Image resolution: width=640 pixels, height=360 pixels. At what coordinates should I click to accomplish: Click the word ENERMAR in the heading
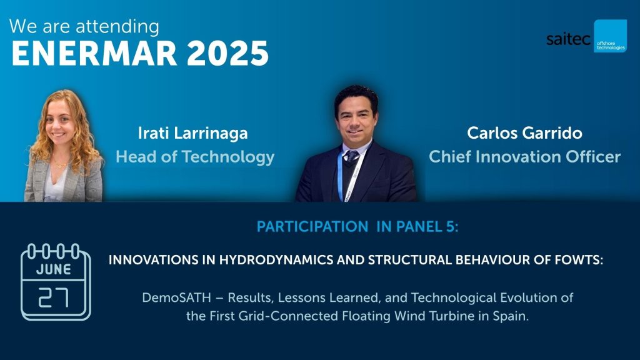(94, 54)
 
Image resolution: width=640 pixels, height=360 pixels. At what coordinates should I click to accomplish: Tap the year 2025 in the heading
(227, 54)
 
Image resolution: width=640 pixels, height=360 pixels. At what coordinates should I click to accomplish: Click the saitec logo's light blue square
(610, 36)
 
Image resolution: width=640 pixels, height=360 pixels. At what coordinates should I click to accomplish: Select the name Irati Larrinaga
(192, 133)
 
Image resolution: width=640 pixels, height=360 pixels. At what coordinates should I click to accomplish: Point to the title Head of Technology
(195, 157)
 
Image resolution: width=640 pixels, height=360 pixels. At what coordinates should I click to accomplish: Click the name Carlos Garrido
(524, 133)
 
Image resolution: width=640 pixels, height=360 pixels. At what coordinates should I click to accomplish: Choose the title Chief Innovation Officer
(524, 157)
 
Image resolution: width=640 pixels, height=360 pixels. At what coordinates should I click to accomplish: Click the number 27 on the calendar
(54, 297)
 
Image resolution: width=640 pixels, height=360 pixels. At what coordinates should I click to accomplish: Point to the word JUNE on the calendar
(54, 269)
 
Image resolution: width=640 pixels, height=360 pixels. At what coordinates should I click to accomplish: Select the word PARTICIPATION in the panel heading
(312, 226)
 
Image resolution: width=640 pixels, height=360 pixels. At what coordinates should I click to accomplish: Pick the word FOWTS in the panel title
(579, 260)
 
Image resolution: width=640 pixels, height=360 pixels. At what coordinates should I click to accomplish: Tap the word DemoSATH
(176, 297)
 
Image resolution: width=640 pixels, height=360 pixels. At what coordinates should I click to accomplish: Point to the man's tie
(351, 156)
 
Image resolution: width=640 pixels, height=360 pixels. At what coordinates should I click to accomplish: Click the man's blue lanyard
(340, 176)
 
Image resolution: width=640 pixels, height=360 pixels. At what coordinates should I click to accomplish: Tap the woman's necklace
(60, 165)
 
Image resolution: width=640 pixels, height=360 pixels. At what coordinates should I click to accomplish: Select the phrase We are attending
(84, 26)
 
